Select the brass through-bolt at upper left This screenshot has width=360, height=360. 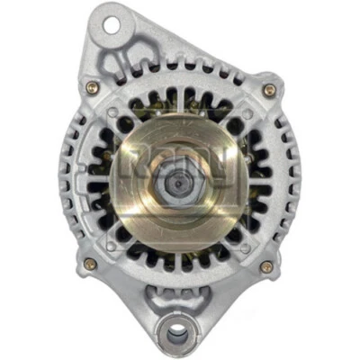(x=92, y=87)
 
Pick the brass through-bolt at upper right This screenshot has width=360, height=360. (x=268, y=89)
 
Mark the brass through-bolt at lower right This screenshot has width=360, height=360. (x=267, y=265)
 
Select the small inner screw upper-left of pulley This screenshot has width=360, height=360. (x=115, y=114)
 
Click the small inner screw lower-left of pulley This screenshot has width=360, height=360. (x=115, y=243)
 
